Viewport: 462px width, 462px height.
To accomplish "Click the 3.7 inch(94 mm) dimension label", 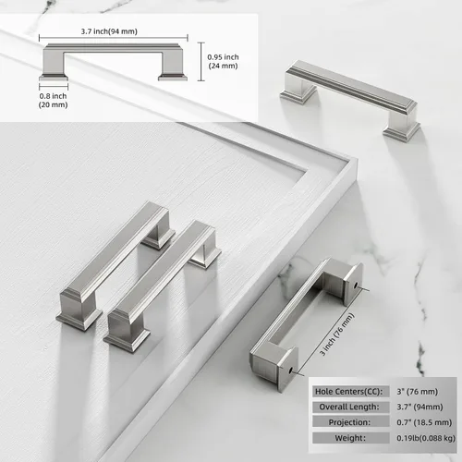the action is pyautogui.click(x=109, y=31).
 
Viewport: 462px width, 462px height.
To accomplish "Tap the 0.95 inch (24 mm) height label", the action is pyautogui.click(x=223, y=61).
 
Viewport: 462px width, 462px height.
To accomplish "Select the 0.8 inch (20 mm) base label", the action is pyautogui.click(x=53, y=101).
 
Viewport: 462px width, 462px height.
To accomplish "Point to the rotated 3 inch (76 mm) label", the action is pyautogui.click(x=337, y=334).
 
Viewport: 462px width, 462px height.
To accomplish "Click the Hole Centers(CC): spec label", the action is pyautogui.click(x=348, y=392).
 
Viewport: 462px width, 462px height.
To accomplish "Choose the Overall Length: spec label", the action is pyautogui.click(x=349, y=407).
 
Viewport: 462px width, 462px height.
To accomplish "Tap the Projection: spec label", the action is pyautogui.click(x=349, y=422).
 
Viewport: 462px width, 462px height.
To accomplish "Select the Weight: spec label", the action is pyautogui.click(x=350, y=438).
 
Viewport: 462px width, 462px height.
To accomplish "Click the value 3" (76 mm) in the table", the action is pyautogui.click(x=417, y=392).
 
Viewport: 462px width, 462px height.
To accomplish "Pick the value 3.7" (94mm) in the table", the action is pyautogui.click(x=419, y=407).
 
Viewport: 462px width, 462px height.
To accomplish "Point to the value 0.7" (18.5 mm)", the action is pyautogui.click(x=424, y=422).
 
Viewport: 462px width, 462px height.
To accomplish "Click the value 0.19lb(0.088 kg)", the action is pyautogui.click(x=426, y=438).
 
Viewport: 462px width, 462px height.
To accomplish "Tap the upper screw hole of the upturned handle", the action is pyautogui.click(x=356, y=286).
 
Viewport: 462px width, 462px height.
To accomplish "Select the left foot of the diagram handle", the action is pyautogui.click(x=54, y=77).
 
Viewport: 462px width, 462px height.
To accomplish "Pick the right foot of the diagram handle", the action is pyautogui.click(x=173, y=77).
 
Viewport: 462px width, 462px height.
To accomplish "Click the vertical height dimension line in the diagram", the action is pyautogui.click(x=201, y=62).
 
